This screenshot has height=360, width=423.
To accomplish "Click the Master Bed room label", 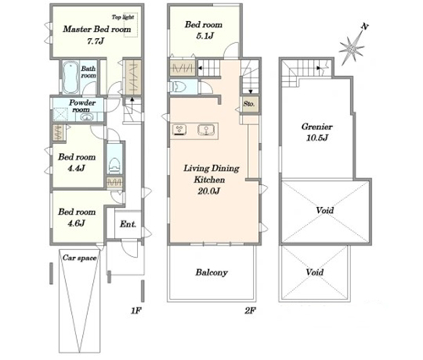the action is pyautogui.click(x=97, y=29).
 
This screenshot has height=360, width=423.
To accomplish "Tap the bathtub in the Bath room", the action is pyautogui.click(x=70, y=77).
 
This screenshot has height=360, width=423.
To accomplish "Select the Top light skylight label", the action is pyautogui.click(x=123, y=17).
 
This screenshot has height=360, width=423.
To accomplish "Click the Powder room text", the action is pyautogui.click(x=82, y=106).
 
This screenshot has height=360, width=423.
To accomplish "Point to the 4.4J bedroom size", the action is pyautogui.click(x=76, y=168).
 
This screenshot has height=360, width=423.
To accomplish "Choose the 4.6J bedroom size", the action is pyautogui.click(x=76, y=223).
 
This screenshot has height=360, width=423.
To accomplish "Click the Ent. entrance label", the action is pyautogui.click(x=128, y=224).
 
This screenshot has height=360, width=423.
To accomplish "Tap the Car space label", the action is pyautogui.click(x=80, y=258).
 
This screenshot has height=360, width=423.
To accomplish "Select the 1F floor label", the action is pyautogui.click(x=135, y=311).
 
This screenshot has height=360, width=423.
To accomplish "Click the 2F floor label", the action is pyautogui.click(x=250, y=311).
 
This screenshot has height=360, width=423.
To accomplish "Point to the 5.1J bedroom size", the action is pyautogui.click(x=204, y=36).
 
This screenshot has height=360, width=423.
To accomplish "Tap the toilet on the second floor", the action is pyautogui.click(x=179, y=86).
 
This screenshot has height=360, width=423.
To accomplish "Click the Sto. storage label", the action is pyautogui.click(x=249, y=104).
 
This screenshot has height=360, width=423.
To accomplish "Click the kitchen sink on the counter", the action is pyautogui.click(x=206, y=130).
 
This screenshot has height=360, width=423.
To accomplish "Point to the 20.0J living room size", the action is pyautogui.click(x=209, y=191).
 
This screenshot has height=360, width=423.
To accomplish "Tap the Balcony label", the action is pyautogui.click(x=211, y=272).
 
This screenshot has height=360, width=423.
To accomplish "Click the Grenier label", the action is pyautogui.click(x=317, y=127).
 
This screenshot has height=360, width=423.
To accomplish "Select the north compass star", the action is pyautogui.click(x=352, y=48).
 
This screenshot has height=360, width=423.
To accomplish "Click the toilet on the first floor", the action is pyautogui.click(x=114, y=166).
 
